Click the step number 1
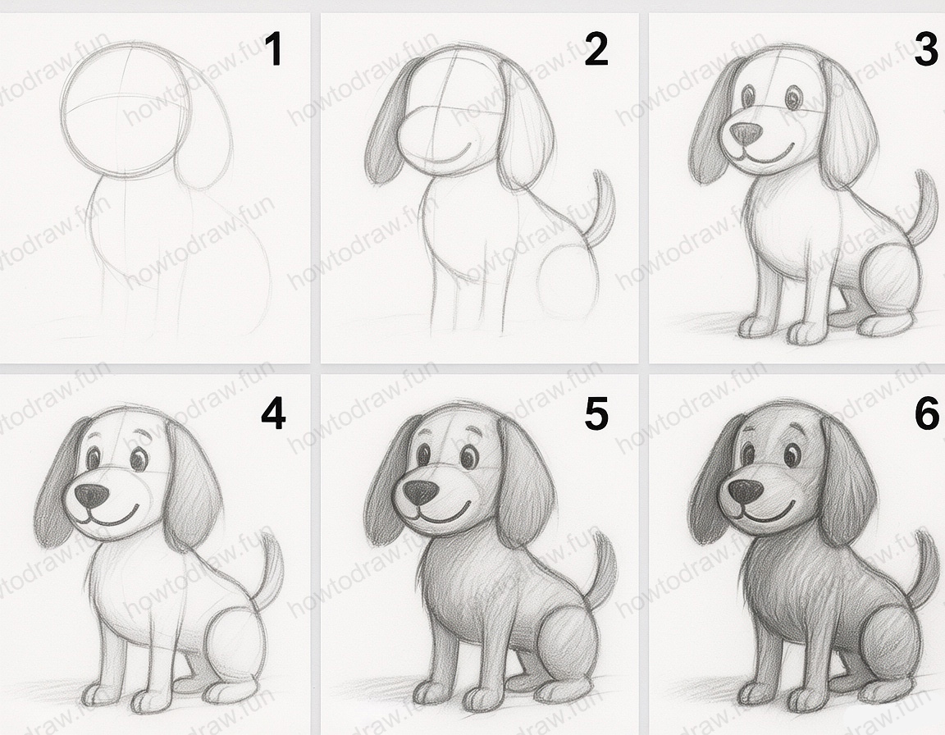click(272, 51)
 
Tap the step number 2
click(596, 51)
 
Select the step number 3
click(925, 51)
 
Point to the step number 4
click(272, 414)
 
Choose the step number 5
click(596, 414)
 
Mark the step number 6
click(925, 414)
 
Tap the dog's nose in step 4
click(91, 495)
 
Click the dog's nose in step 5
click(421, 493)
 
